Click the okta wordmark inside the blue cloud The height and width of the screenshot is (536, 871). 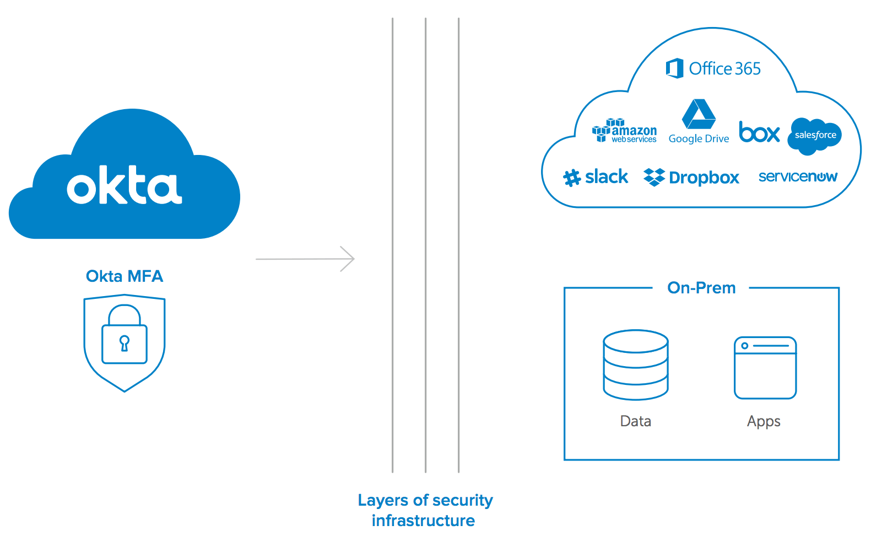coord(125,185)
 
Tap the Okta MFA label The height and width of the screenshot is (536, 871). coord(125,276)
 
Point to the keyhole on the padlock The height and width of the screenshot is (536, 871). coord(125,342)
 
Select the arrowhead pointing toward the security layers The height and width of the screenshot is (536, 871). coord(348,259)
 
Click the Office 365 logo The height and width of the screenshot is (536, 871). coord(713,68)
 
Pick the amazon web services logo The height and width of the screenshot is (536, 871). coord(624,131)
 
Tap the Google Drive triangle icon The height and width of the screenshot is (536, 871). coord(699,114)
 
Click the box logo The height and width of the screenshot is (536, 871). coord(759,132)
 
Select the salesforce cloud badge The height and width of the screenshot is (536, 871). coord(815,135)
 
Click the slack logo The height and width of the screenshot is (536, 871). coord(596,177)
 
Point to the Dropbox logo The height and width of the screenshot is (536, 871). coord(691,177)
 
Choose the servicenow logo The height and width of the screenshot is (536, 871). coord(798,176)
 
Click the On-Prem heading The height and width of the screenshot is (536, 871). coord(701,288)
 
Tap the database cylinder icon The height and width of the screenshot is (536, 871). coord(636,365)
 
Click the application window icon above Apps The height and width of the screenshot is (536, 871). coord(765,367)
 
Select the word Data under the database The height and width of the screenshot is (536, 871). coord(636,421)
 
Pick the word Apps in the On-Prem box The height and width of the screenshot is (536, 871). coord(764,422)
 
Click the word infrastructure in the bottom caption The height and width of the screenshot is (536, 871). coord(423,521)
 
